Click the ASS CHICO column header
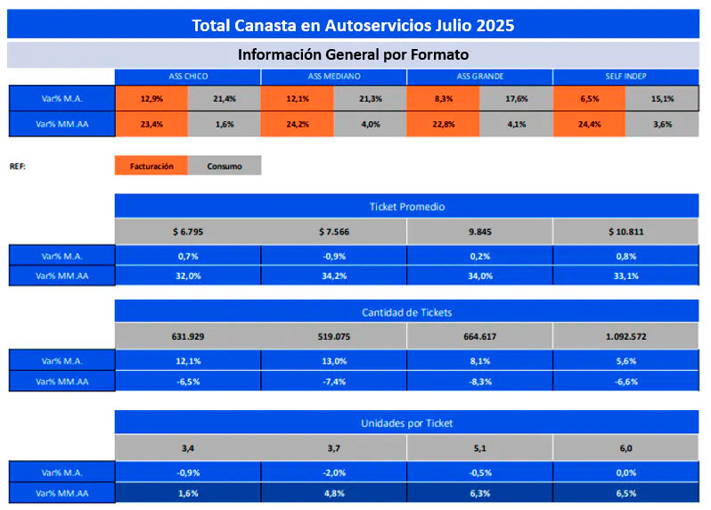[x=187, y=77]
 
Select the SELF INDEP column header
[x=625, y=77]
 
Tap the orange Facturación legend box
[x=151, y=166]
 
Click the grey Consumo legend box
[x=225, y=166]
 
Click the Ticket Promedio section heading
[x=406, y=206]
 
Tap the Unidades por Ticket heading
[x=406, y=422]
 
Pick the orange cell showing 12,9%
[x=151, y=98]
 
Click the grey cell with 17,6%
[x=516, y=98]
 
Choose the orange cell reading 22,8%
[x=443, y=124]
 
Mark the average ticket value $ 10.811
[x=625, y=232]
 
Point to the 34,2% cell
[x=333, y=276]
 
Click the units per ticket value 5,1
[x=479, y=448]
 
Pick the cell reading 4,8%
[x=333, y=493]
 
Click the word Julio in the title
[x=450, y=25]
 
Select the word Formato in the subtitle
[x=438, y=54]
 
